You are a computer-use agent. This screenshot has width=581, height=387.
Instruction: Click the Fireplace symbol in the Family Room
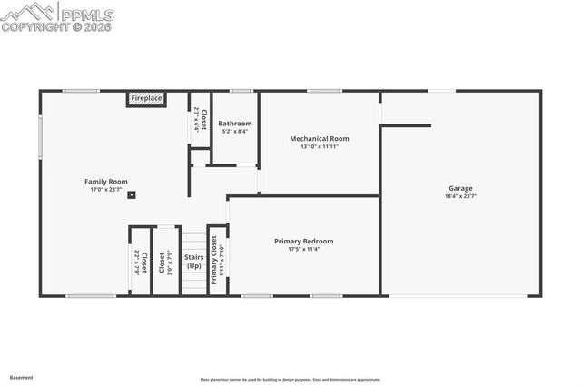(145, 98)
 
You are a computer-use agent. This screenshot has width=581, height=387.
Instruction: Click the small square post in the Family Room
(132, 193)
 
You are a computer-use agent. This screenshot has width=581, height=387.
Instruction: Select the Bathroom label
(235, 123)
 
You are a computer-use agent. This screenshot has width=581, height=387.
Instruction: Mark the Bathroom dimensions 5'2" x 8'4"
(235, 131)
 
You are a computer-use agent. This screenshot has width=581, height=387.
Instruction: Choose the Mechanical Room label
(319, 139)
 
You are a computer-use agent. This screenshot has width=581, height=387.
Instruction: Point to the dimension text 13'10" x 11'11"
(319, 147)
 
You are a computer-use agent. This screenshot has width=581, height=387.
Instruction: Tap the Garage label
(460, 188)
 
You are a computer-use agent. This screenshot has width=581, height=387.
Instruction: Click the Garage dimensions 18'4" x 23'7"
(460, 196)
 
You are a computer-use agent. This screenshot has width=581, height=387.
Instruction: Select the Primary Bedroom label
(303, 241)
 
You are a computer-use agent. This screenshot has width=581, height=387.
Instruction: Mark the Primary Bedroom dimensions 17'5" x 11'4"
(303, 249)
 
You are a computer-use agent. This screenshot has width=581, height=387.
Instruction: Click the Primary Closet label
(215, 260)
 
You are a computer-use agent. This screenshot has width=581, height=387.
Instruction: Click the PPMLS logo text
(86, 15)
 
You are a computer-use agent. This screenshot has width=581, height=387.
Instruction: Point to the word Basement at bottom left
(21, 377)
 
